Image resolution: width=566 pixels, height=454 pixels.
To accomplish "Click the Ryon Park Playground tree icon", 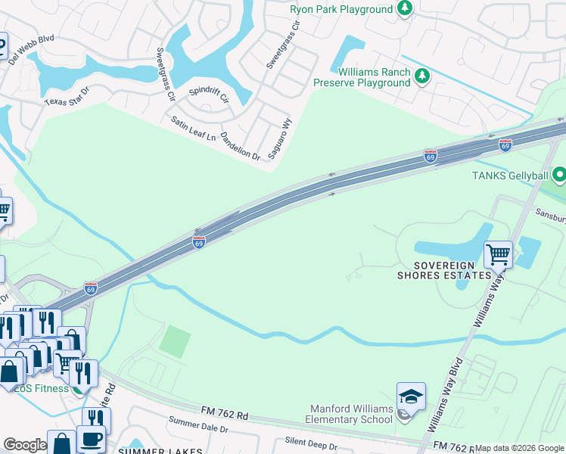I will click(406, 9).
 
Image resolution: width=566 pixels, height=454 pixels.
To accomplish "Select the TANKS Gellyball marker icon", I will click(560, 176).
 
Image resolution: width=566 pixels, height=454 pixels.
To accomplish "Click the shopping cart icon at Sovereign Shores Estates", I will click(498, 254).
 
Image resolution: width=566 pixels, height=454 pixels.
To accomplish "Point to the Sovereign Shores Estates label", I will click(444, 270).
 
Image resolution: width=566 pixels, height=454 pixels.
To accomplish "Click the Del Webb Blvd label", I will click(33, 47).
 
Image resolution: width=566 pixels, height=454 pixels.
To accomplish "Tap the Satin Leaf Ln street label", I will click(193, 129).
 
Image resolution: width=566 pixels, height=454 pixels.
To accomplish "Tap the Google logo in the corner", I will click(24, 445).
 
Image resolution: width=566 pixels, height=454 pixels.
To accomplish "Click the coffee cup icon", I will click(91, 439).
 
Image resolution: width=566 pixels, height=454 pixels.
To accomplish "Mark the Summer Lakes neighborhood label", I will click(160, 451).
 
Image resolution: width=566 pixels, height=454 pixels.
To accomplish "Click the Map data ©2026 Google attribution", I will click(519, 448).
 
